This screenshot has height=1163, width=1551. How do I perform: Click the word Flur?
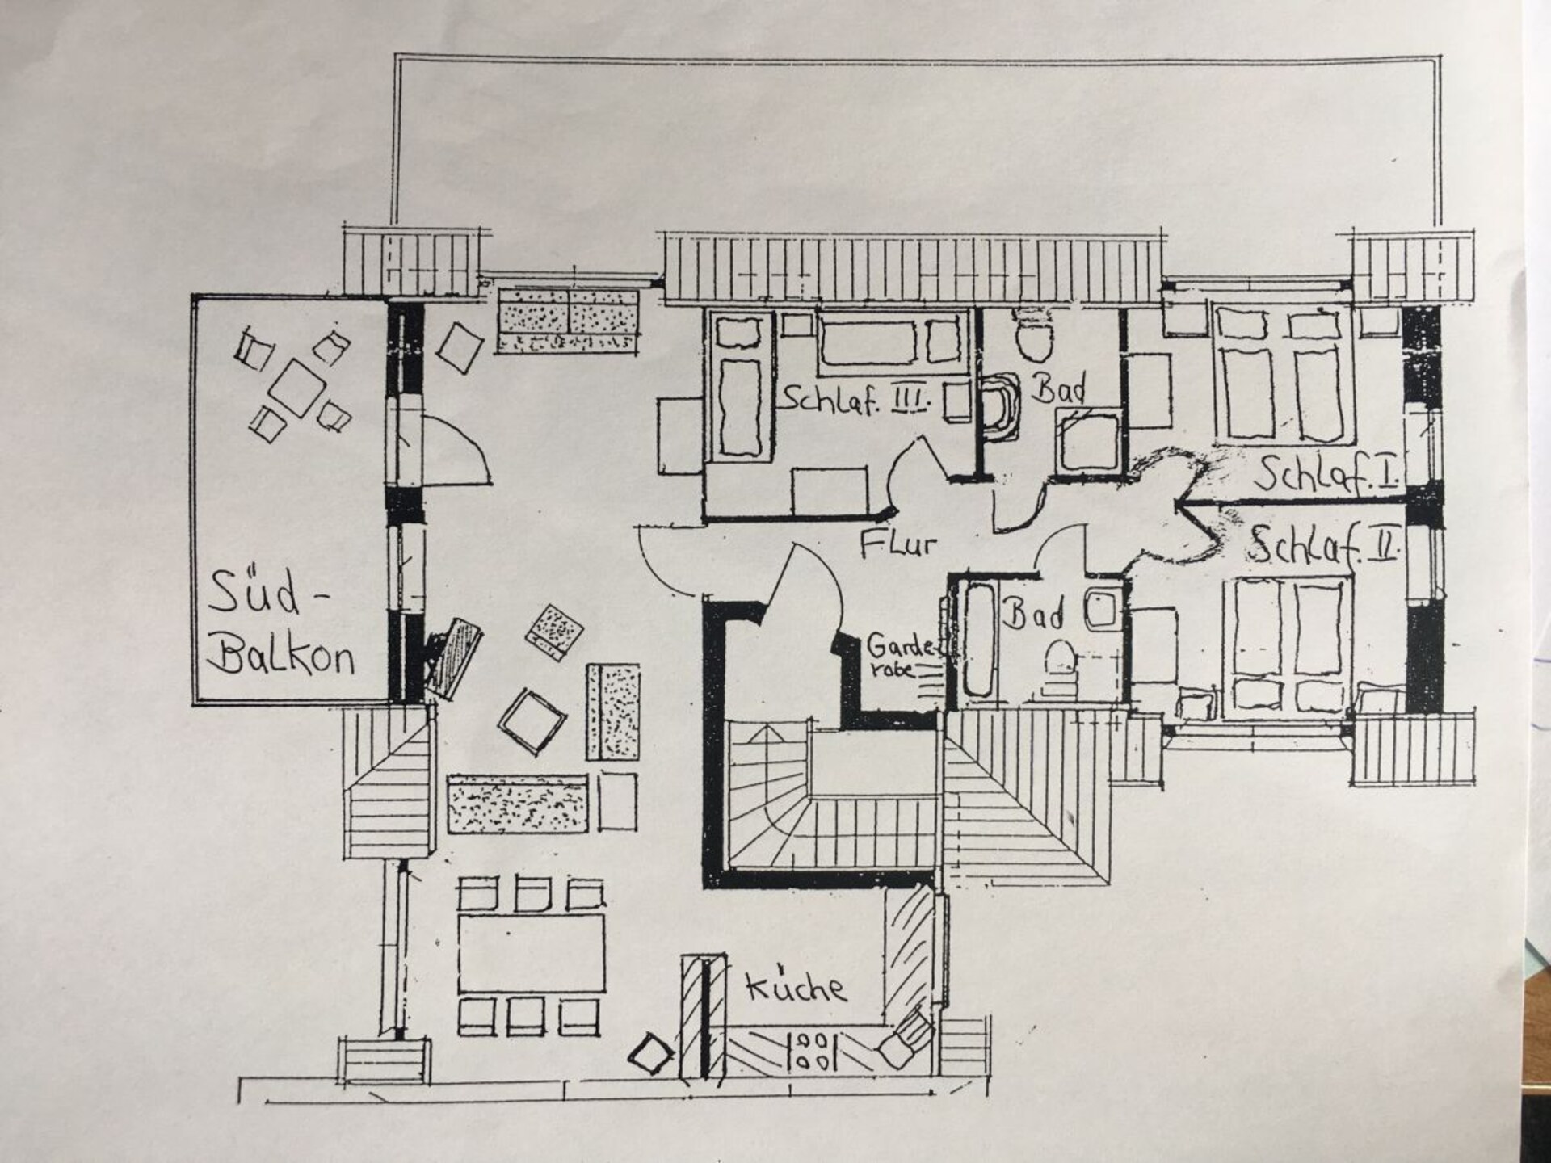tap(898, 544)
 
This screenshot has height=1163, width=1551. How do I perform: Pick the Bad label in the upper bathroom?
tap(1059, 389)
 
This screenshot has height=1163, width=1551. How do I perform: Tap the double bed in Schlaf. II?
tap(1288, 649)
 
